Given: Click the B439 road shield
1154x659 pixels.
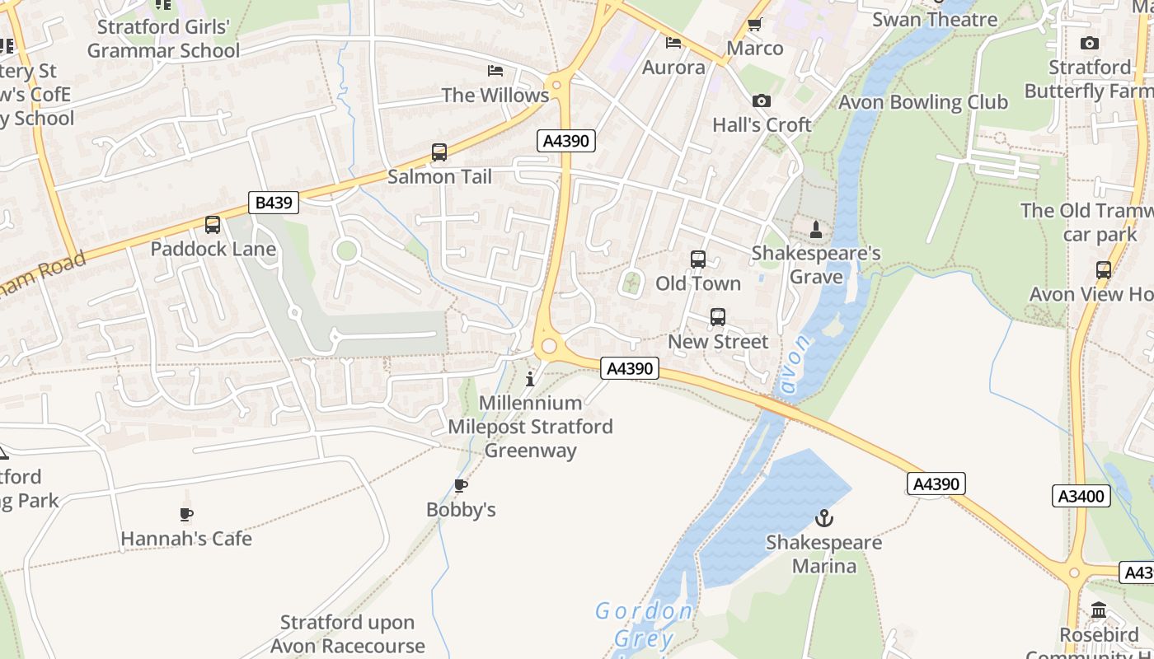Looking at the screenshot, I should [x=273, y=202].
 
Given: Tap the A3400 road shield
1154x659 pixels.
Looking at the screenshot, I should [x=1081, y=496].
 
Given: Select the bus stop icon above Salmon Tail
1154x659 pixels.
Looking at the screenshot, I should [x=439, y=152].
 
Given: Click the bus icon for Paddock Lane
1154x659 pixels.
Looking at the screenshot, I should [x=213, y=224].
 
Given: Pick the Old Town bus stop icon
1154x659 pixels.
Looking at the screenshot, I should [x=697, y=259].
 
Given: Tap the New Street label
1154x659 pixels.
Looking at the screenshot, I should [x=717, y=341].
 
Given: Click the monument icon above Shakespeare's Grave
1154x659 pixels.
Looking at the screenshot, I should [x=816, y=229].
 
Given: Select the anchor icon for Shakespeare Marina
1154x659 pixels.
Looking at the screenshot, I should [x=823, y=518].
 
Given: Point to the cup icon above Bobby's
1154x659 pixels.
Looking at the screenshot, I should [x=461, y=486].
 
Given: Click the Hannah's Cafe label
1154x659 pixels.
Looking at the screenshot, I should [x=186, y=539].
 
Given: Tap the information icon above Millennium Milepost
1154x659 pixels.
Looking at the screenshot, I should [x=530, y=379].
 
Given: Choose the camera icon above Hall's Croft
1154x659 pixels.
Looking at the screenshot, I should [x=761, y=101].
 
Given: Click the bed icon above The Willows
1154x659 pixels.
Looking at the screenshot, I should [x=495, y=71].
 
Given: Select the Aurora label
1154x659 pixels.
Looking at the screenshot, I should [x=673, y=68].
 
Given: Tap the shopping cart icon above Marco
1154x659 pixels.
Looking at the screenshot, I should [x=754, y=25].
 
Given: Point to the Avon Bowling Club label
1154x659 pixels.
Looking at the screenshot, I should [x=923, y=102].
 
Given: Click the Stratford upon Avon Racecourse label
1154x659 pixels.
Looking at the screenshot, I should [x=347, y=633].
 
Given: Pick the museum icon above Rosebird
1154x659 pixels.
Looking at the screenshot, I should [x=1099, y=610].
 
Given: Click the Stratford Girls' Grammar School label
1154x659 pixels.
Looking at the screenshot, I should [x=163, y=39].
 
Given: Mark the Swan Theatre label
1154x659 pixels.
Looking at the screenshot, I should [x=935, y=19].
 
